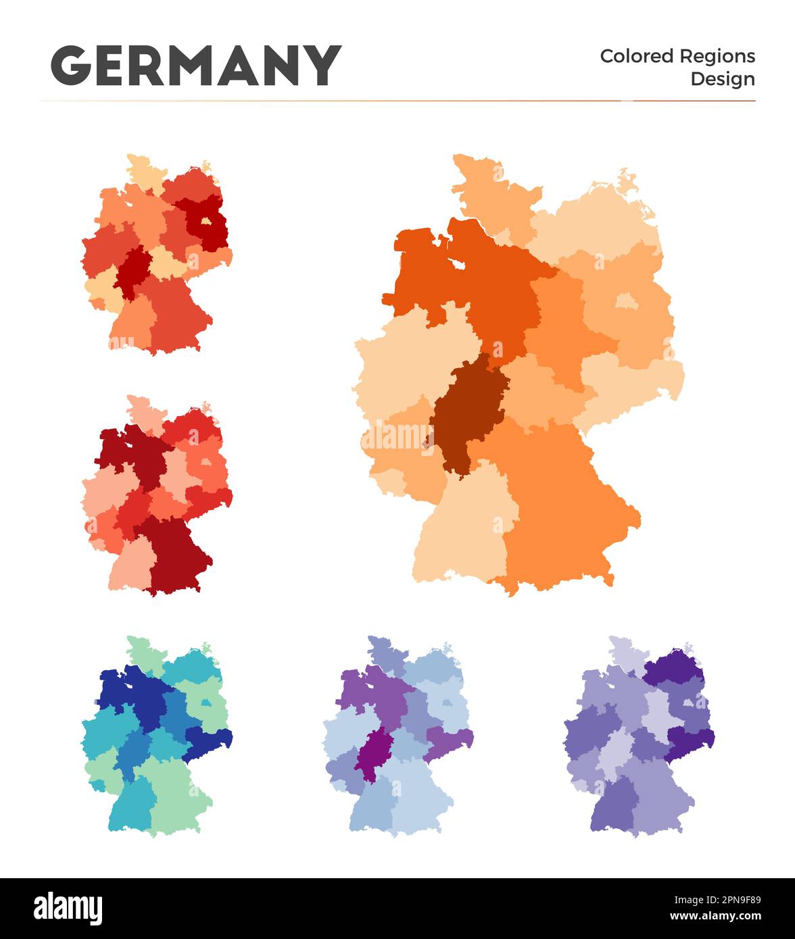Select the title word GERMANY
[x=196, y=66]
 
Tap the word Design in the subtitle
[x=722, y=79]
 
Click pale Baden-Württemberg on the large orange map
[x=466, y=534]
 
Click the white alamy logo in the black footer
[x=68, y=909]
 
